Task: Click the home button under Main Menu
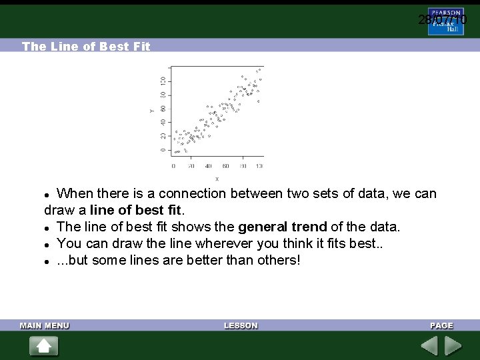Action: pos(43,346)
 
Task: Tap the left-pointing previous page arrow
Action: pos(429,346)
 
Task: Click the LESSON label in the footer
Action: pos(241,325)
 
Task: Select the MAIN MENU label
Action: pos(45,325)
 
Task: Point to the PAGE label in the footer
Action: pos(441,325)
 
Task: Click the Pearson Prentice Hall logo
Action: pos(446,21)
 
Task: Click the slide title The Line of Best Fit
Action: pos(86,47)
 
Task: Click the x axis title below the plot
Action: pos(217,179)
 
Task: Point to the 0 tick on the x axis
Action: pos(173,166)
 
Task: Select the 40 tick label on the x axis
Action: pos(209,166)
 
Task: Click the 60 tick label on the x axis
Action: pos(226,166)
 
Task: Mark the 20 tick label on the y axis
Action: pos(163,136)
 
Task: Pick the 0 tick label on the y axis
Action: pos(163,150)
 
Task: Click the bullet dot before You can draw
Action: pos(47,244)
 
